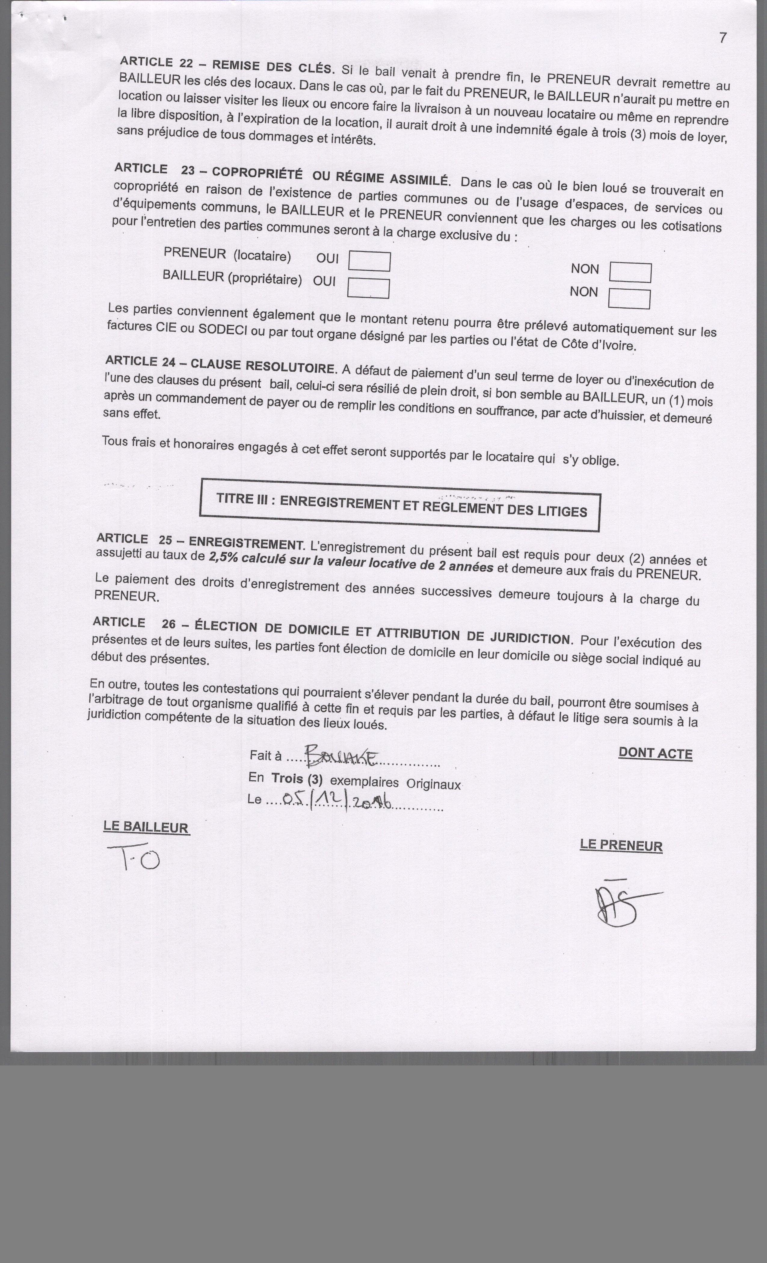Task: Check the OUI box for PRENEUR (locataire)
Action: [369, 261]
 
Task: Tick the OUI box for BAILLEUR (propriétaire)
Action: [368, 288]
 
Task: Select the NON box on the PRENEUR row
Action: [630, 273]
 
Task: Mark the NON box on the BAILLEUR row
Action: [629, 299]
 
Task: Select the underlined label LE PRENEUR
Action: [621, 845]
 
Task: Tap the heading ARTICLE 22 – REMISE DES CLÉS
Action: [226, 65]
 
